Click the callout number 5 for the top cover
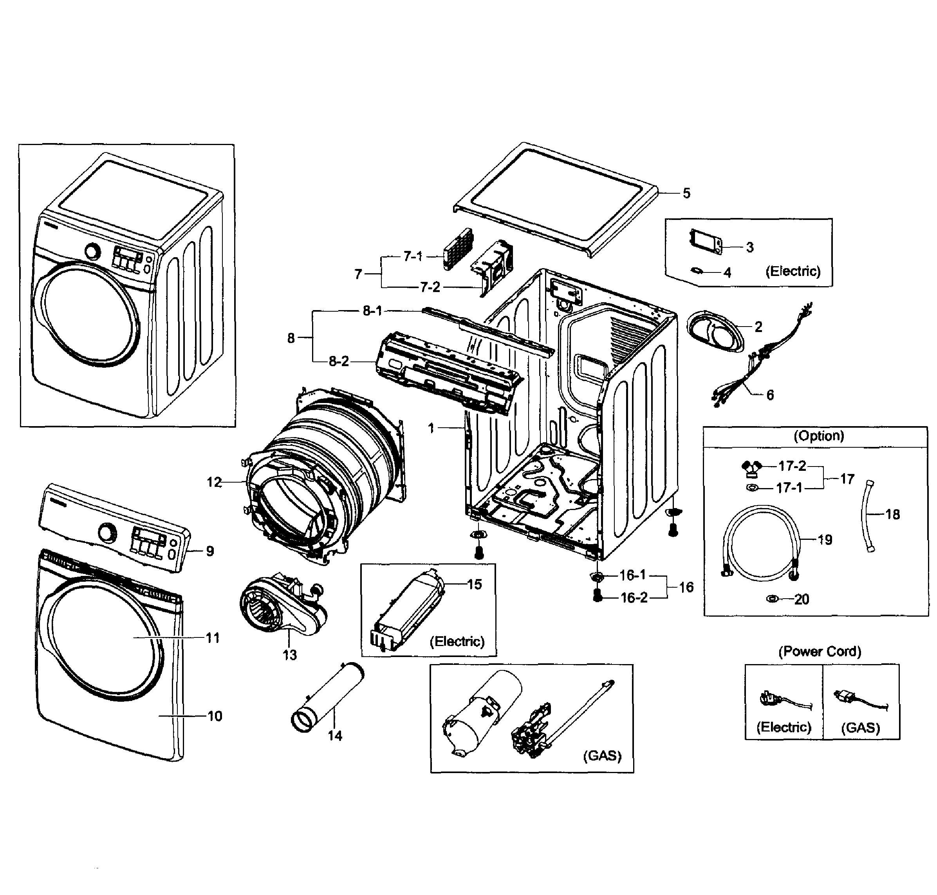[x=686, y=193]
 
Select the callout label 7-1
[x=413, y=256]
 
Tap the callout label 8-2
[x=338, y=361]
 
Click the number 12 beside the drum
[x=214, y=482]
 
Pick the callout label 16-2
[x=634, y=598]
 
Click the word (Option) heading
[x=818, y=436]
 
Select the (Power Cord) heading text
[x=819, y=651]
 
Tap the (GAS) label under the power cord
[x=860, y=728]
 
